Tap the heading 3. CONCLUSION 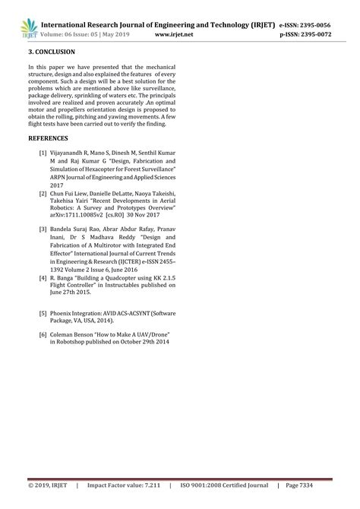52,52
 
